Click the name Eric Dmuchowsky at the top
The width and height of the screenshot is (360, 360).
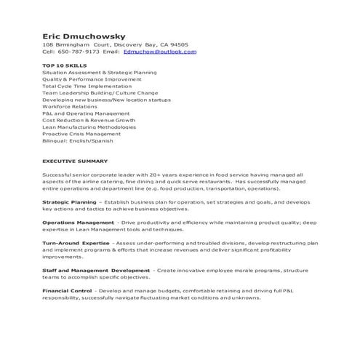[84, 35]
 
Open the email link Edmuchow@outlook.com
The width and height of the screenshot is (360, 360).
[159, 52]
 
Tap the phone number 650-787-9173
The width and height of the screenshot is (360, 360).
[79, 52]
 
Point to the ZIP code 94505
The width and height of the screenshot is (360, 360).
[178, 44]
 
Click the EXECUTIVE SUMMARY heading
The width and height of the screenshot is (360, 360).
[75, 161]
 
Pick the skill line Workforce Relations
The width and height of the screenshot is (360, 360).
[71, 107]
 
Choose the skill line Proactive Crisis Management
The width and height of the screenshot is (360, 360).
[81, 134]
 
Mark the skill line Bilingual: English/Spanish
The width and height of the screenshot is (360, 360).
[78, 140]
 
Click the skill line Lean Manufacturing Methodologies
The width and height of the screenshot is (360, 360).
[89, 127]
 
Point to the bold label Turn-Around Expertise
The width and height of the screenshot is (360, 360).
[76, 243]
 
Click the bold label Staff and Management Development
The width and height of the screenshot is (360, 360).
[97, 270]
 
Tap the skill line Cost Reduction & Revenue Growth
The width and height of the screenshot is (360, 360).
[89, 120]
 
